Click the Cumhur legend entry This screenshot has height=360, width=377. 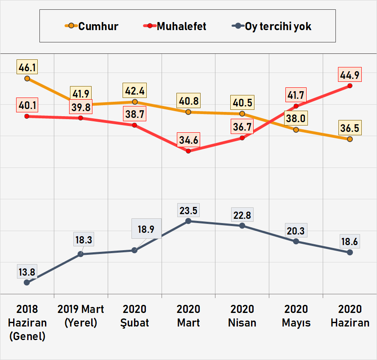[x=91, y=26]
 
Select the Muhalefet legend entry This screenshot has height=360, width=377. [x=175, y=26]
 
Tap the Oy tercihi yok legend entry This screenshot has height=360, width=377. [x=272, y=26]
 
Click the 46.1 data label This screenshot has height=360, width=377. [x=27, y=67]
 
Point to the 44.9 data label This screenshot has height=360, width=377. [x=350, y=75]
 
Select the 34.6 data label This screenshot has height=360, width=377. [x=189, y=140]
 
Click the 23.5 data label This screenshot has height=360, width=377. [x=189, y=210]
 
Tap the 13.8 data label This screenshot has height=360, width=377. [x=27, y=271]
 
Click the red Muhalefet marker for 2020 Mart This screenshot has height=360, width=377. [x=189, y=151]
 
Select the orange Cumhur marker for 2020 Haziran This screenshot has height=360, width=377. [x=350, y=139]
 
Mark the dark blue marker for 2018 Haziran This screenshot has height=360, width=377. [x=27, y=282]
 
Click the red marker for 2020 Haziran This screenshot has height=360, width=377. [x=350, y=86]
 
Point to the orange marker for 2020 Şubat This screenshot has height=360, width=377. [x=135, y=102]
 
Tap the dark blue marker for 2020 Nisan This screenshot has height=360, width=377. [x=242, y=226]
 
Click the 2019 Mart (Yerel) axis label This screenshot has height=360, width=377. [x=81, y=316]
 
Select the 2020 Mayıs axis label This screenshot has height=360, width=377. [x=296, y=316]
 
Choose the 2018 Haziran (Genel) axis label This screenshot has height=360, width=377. [x=27, y=323]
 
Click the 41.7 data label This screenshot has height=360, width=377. [x=296, y=95]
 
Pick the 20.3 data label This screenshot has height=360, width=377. [x=296, y=231]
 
